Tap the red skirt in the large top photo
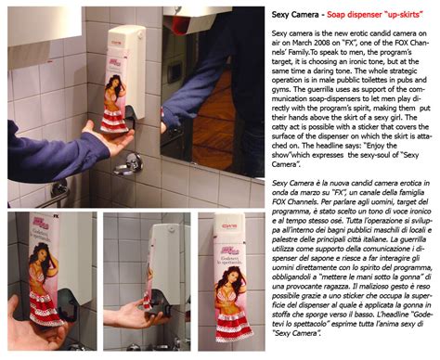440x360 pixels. [116, 115]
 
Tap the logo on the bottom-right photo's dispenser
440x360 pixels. [228, 224]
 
